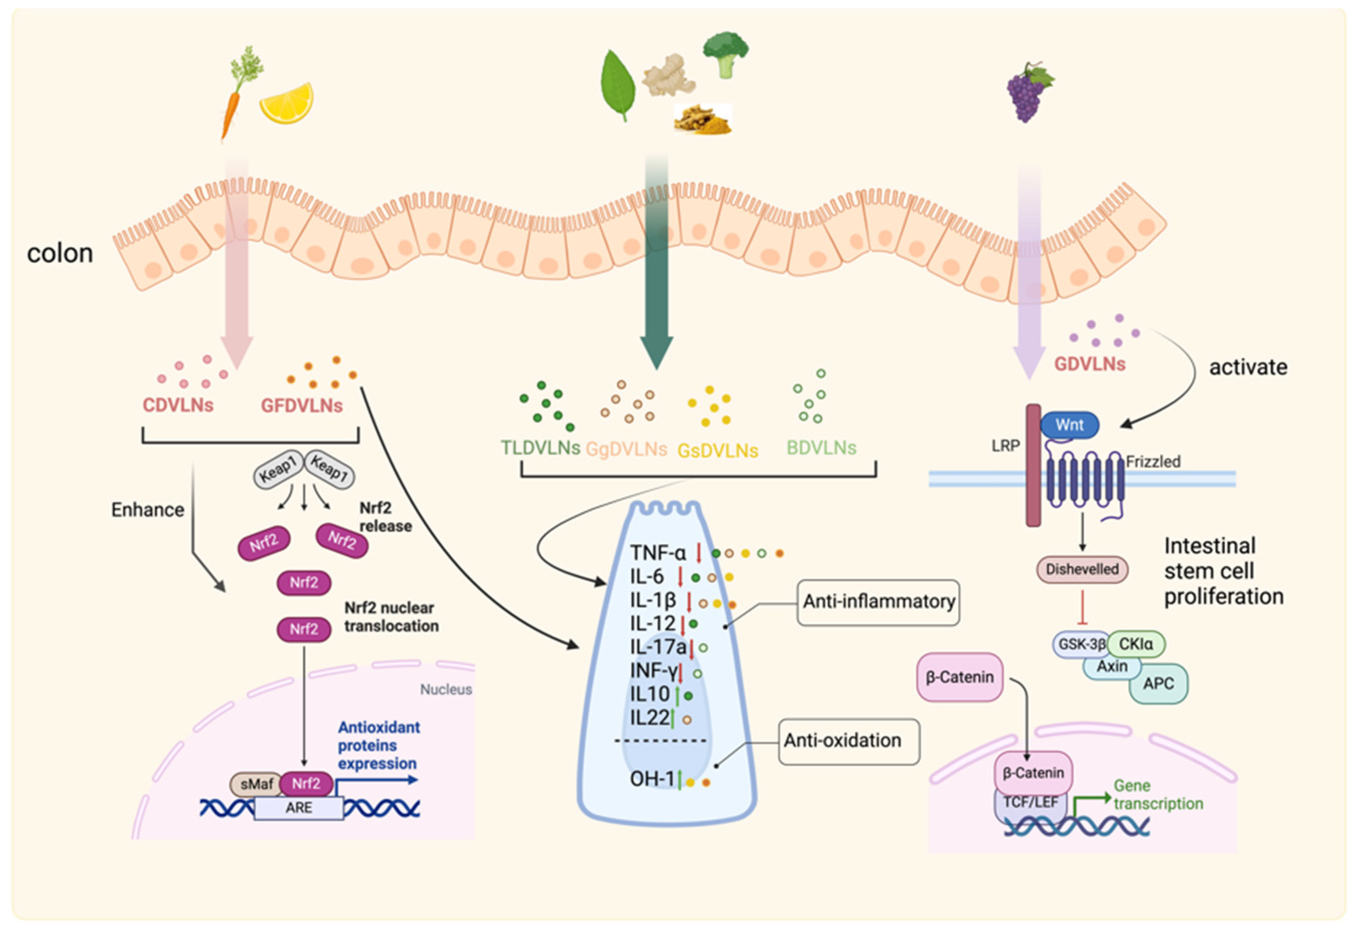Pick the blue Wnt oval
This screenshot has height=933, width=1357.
(1069, 425)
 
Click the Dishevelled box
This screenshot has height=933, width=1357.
(1082, 569)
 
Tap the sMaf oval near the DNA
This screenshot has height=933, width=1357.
(257, 784)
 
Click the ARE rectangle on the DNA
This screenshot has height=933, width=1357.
(299, 808)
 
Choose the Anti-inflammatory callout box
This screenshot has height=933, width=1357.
(878, 602)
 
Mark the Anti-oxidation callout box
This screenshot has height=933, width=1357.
(848, 741)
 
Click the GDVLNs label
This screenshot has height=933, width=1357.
(1089, 364)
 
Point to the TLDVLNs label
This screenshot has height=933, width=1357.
(540, 448)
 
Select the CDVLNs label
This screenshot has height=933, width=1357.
(178, 405)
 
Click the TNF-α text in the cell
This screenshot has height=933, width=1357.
(658, 552)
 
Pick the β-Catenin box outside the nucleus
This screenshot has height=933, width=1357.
(959, 677)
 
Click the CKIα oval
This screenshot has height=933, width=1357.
(1135, 644)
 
